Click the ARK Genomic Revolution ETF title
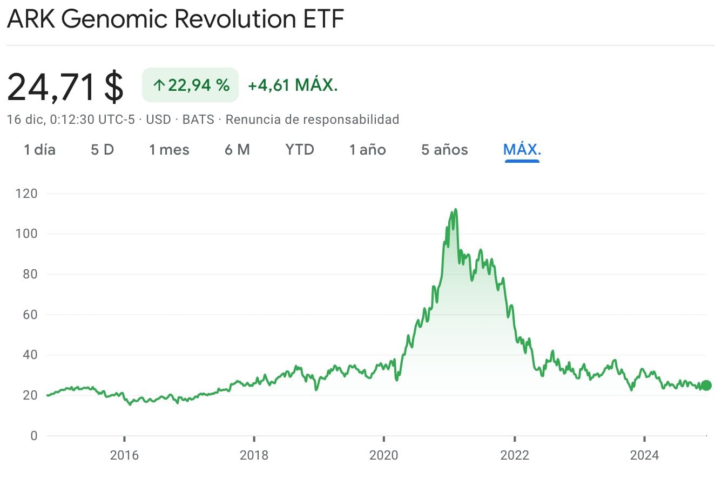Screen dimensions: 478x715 [176, 21]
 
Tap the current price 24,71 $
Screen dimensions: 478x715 [65, 87]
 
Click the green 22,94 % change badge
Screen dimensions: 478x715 [190, 85]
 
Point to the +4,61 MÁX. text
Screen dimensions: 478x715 [293, 85]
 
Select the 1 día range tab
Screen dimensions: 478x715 [39, 150]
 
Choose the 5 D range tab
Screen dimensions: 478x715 [102, 150]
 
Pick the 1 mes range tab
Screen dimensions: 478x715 [169, 150]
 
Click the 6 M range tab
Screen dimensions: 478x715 [237, 150]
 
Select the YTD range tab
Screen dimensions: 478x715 [300, 150]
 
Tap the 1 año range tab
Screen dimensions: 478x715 [367, 150]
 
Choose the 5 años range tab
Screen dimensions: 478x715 [444, 150]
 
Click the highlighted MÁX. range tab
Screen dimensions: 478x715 [522, 150]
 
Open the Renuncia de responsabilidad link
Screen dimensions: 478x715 [312, 119]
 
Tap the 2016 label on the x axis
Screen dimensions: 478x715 [124, 455]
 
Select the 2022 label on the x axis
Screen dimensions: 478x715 [515, 455]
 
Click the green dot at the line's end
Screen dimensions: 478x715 [705, 386]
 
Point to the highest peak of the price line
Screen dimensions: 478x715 [456, 209]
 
